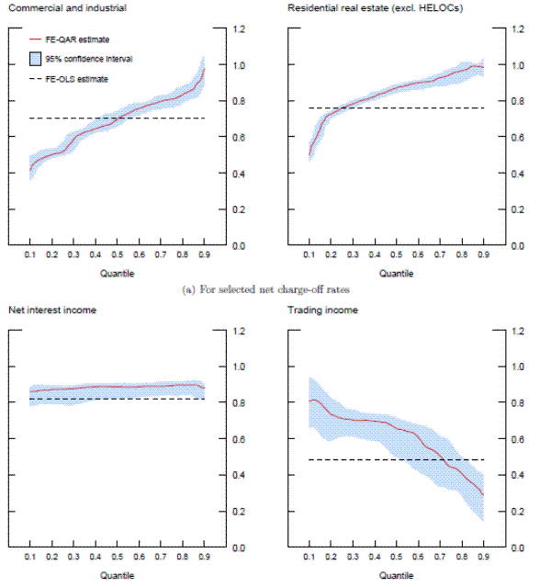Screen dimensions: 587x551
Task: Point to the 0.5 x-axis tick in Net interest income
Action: pyautogui.click(x=117, y=558)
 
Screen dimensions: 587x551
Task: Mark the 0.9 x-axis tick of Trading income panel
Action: pyautogui.click(x=483, y=558)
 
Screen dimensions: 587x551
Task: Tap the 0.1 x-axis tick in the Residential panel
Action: pyautogui.click(x=309, y=255)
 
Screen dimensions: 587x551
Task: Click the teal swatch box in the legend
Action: pyautogui.click(x=35, y=59)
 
